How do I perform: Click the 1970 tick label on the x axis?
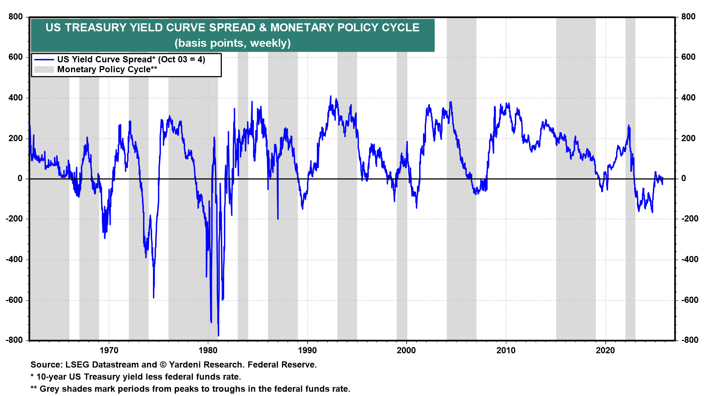(x=109, y=351)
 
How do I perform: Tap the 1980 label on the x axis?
(x=208, y=351)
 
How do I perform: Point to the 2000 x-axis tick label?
(x=406, y=351)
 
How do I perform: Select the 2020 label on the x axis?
(x=605, y=351)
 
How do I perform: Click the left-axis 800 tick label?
(x=16, y=17)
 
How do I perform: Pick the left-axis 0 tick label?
(x=20, y=179)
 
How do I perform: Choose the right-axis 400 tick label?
(x=688, y=98)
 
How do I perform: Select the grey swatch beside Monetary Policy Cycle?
(x=44, y=70)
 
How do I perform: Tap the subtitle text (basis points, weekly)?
(x=232, y=43)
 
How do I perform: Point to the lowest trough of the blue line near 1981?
(x=219, y=335)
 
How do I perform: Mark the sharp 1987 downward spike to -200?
(x=278, y=219)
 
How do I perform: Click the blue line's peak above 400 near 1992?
(x=331, y=96)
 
